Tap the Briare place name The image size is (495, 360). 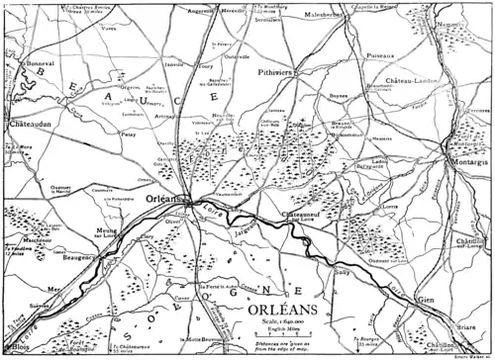pyautogui.click(x=462, y=325)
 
